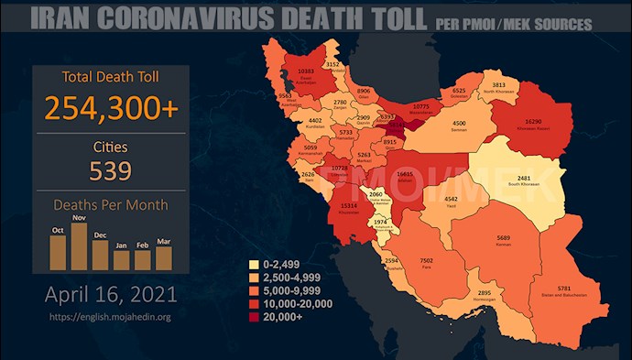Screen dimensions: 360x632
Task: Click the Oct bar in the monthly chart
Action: click(59, 253)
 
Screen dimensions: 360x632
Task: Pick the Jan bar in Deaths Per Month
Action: click(122, 260)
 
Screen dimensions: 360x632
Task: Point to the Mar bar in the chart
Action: click(163, 257)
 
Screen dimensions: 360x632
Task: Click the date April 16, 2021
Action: click(111, 296)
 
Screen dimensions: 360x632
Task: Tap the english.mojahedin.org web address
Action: click(111, 316)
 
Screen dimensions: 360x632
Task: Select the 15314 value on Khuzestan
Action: click(347, 207)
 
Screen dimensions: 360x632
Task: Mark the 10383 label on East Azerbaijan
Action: click(305, 71)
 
